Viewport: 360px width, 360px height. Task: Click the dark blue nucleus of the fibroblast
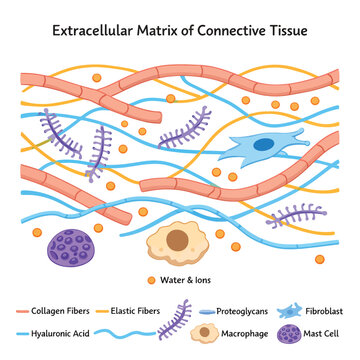264,145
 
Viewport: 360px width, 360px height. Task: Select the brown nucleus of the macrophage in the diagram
177,240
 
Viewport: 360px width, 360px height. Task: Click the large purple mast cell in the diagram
71,248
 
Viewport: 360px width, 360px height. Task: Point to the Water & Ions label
185,280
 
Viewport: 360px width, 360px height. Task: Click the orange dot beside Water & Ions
151,280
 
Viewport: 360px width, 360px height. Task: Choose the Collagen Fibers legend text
60,311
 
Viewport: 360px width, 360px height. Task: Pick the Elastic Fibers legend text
135,311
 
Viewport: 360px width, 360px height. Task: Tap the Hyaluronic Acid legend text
60,333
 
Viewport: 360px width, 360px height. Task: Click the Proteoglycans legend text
242,312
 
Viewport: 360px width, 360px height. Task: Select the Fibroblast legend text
324,311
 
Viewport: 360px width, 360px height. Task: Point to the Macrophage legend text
245,333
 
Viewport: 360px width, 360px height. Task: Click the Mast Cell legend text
321,333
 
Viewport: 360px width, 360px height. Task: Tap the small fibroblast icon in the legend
289,311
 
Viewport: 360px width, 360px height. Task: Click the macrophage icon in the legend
205,333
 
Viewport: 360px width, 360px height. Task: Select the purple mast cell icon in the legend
289,334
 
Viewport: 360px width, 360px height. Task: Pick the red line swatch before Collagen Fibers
22,312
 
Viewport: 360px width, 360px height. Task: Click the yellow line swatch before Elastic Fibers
102,312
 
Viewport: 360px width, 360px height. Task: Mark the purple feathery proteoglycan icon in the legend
174,320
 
